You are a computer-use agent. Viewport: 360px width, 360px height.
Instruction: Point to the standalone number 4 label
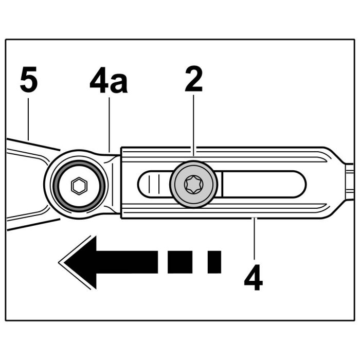click(x=253, y=278)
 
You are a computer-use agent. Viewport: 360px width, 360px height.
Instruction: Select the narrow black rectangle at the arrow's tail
click(x=214, y=261)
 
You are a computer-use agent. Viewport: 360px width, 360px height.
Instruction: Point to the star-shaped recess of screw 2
click(x=193, y=183)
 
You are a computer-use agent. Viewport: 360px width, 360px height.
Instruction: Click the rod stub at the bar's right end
click(x=350, y=183)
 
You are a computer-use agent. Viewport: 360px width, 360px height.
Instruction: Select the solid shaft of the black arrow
click(x=123, y=261)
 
